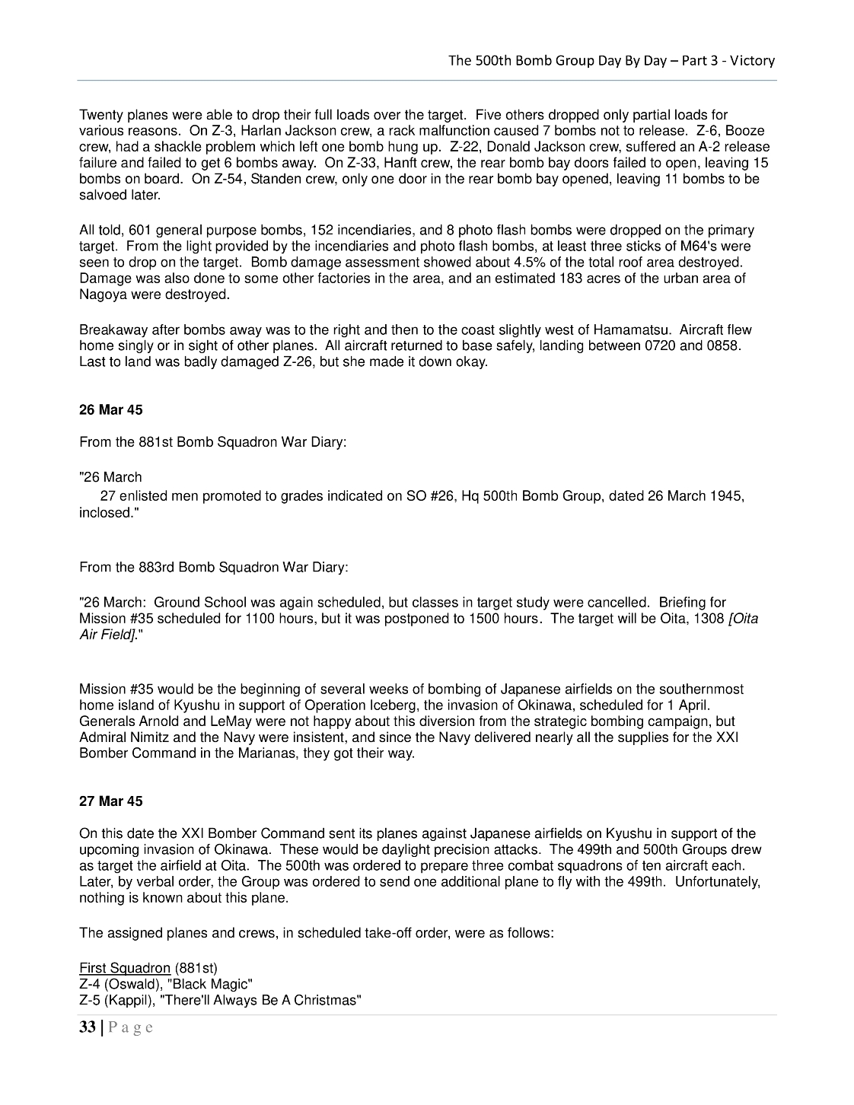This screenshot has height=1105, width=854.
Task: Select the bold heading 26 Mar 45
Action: click(x=110, y=410)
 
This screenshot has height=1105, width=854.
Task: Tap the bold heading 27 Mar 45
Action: click(x=110, y=801)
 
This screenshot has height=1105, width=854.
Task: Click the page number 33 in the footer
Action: click(x=87, y=1027)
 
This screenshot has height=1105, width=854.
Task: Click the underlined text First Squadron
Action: click(x=125, y=968)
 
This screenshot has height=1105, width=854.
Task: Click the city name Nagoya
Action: click(x=102, y=295)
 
